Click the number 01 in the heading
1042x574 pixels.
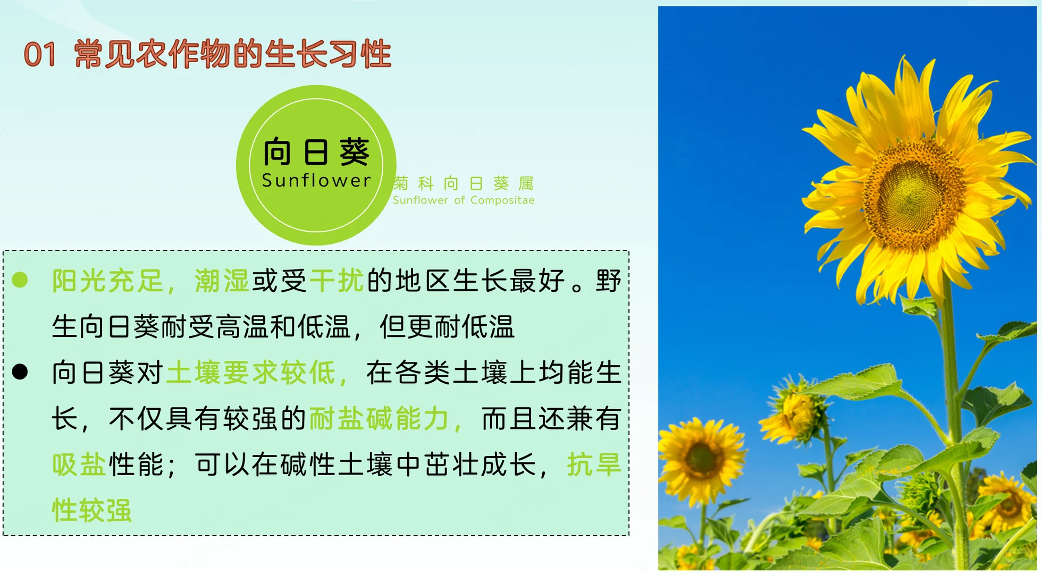tap(40, 55)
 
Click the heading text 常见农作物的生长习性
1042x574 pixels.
tap(233, 54)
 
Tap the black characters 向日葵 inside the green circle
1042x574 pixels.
tap(316, 152)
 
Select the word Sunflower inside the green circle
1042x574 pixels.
tap(316, 181)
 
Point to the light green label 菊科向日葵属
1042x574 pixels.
tap(464, 183)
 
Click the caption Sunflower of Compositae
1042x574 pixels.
tap(464, 200)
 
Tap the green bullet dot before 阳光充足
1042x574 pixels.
tap(20, 280)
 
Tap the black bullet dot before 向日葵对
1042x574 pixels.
tap(20, 372)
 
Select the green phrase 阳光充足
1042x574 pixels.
tap(107, 281)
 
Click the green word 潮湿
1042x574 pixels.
tap(222, 281)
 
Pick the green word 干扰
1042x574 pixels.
tap(337, 281)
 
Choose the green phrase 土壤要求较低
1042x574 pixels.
tap(251, 373)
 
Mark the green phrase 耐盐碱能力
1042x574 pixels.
tap(380, 419)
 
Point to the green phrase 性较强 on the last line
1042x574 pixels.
tap(91, 510)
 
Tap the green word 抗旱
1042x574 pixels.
tap(594, 465)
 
